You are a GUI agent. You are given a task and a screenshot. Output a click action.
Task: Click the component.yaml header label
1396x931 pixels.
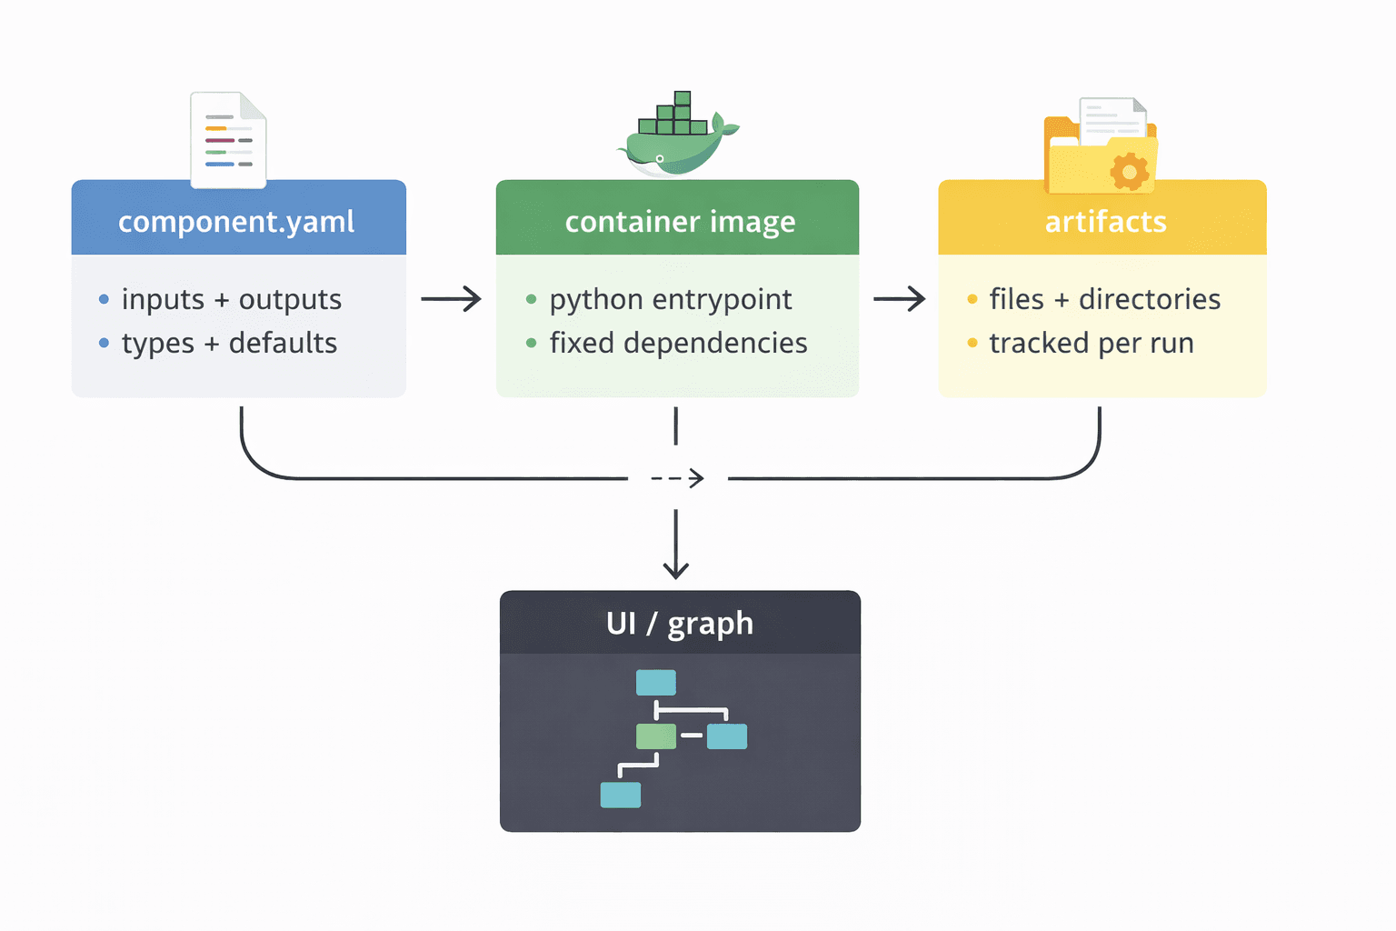pyautogui.click(x=236, y=222)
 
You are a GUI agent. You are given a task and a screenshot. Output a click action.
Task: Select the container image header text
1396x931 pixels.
pyautogui.click(x=680, y=222)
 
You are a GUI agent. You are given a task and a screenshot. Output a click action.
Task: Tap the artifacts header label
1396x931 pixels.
pyautogui.click(x=1105, y=222)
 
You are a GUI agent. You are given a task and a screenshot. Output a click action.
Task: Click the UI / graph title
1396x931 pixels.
pyautogui.click(x=680, y=624)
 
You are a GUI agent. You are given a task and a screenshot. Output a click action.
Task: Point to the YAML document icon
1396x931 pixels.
pyautogui.click(x=228, y=140)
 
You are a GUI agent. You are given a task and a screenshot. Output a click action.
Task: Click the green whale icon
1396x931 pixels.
pyautogui.click(x=678, y=136)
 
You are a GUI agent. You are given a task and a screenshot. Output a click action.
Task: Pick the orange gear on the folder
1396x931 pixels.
pyautogui.click(x=1129, y=171)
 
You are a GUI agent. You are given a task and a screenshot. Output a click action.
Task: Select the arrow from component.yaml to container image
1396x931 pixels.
pyautogui.click(x=451, y=298)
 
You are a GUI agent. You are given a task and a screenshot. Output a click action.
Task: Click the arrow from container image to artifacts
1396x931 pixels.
pyautogui.click(x=899, y=298)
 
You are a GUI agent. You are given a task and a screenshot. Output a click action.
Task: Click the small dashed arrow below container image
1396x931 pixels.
pyautogui.click(x=678, y=478)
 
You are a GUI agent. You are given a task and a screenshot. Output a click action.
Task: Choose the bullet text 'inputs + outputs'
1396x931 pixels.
pyautogui.click(x=232, y=299)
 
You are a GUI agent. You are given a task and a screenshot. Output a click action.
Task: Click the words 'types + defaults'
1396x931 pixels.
pyautogui.click(x=229, y=344)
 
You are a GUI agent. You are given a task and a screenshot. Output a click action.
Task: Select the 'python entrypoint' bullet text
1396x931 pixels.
pyautogui.click(x=671, y=299)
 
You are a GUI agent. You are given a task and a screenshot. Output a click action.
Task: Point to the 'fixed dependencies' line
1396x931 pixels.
pyautogui.click(x=678, y=344)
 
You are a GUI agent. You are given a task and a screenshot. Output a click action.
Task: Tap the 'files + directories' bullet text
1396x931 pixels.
pyautogui.click(x=1104, y=299)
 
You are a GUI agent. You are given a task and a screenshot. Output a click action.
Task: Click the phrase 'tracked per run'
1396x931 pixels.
pyautogui.click(x=1092, y=344)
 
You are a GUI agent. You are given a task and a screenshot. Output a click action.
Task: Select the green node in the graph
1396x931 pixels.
pyautogui.click(x=656, y=736)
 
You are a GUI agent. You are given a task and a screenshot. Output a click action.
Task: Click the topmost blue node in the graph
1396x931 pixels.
pyautogui.click(x=656, y=682)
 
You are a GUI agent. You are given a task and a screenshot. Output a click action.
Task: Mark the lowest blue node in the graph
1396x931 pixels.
pyautogui.click(x=621, y=795)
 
